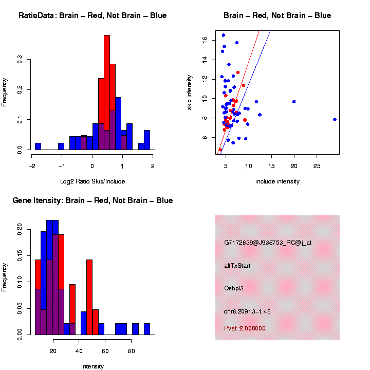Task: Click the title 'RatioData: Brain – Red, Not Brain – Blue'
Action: pyautogui.click(x=92, y=15)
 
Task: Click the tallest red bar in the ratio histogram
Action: pyautogui.click(x=107, y=92)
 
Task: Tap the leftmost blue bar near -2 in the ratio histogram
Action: pyautogui.click(x=38, y=146)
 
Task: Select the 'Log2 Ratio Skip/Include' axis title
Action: pyautogui.click(x=92, y=181)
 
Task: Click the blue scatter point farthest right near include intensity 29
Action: pyautogui.click(x=335, y=119)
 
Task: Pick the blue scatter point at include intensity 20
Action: pyautogui.click(x=294, y=102)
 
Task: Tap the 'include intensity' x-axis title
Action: pyautogui.click(x=277, y=181)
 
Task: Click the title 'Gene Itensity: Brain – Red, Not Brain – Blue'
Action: pyautogui.click(x=92, y=200)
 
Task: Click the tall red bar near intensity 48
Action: pyautogui.click(x=89, y=297)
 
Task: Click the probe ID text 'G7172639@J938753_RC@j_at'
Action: pyautogui.click(x=268, y=243)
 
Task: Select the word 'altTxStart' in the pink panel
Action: pyautogui.click(x=237, y=266)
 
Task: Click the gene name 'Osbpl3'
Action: pyautogui.click(x=234, y=288)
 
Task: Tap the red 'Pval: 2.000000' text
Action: pyautogui.click(x=245, y=328)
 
